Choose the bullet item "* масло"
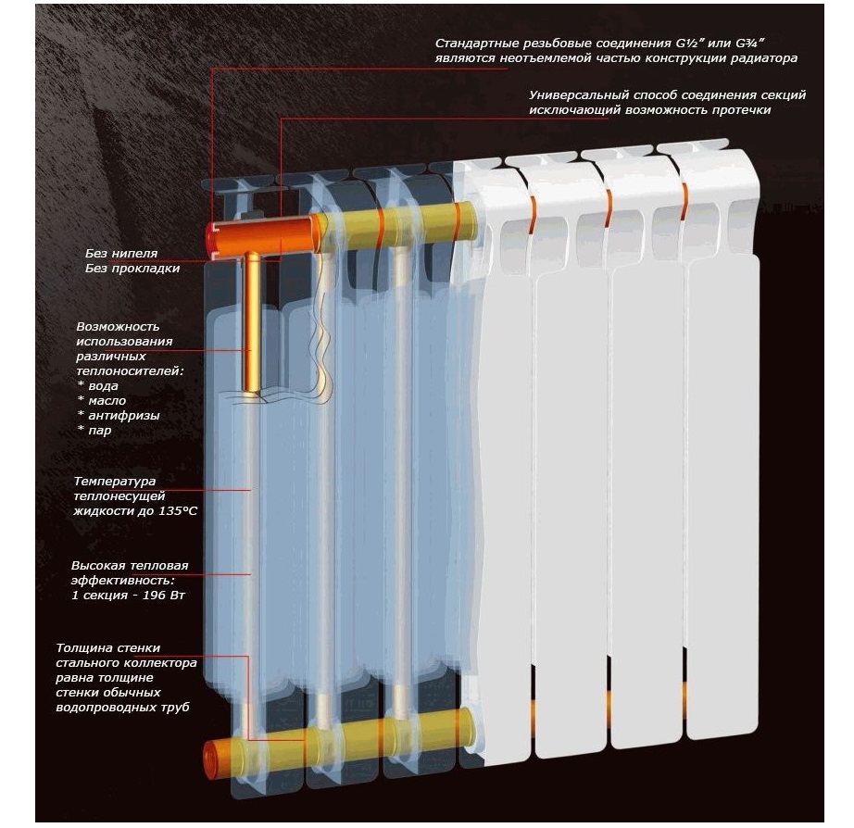coord(103,401)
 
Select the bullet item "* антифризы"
coord(119,416)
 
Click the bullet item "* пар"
coord(95,431)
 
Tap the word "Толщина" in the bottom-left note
coord(85,648)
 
